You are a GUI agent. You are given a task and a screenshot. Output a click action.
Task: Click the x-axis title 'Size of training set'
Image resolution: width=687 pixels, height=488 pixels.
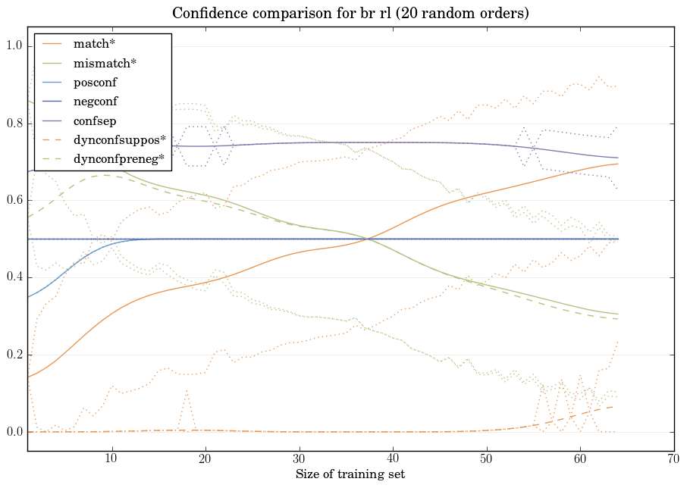(350, 474)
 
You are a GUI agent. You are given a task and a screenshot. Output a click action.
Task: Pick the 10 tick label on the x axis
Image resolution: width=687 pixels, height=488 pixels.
(111, 459)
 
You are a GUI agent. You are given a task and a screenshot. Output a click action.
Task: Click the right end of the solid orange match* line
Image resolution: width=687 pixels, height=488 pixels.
(618, 164)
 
